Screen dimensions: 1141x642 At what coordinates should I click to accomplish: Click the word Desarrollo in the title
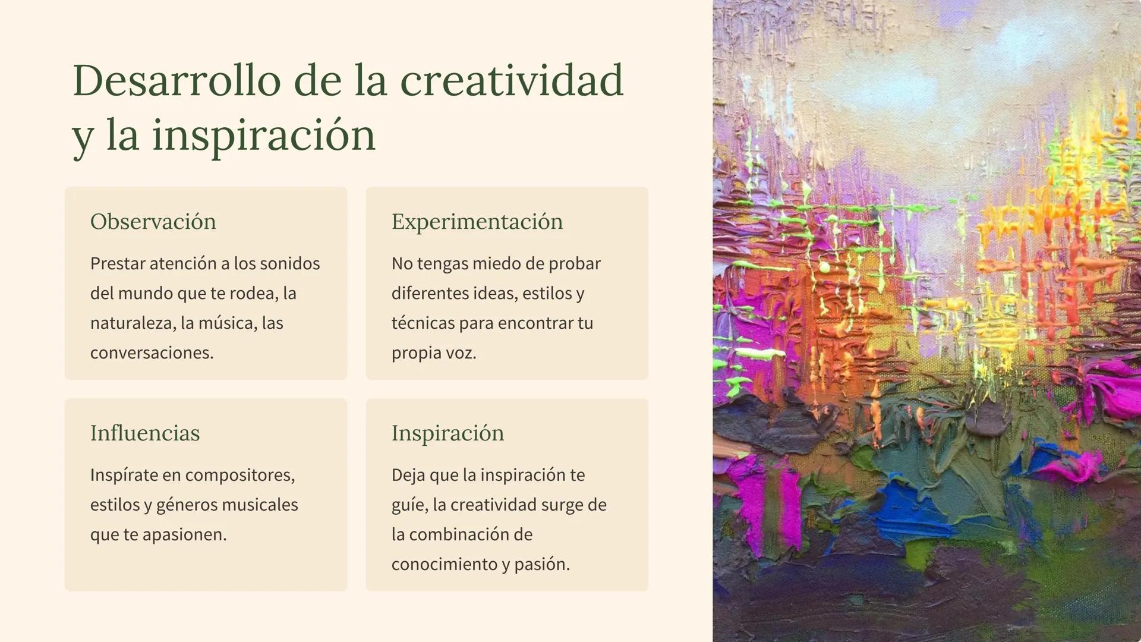(x=176, y=80)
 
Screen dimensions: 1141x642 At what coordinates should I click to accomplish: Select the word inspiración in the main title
(x=264, y=136)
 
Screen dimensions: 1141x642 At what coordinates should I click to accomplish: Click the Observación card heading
(x=153, y=222)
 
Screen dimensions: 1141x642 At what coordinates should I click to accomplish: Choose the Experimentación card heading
(x=477, y=222)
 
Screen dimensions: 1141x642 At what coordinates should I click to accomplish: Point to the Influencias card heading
(x=145, y=433)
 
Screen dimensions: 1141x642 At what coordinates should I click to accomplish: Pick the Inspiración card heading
(x=447, y=434)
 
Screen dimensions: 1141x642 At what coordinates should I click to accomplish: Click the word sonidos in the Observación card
(x=291, y=263)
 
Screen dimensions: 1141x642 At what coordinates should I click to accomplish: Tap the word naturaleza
(x=133, y=323)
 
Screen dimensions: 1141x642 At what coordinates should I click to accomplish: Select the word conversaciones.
(x=152, y=353)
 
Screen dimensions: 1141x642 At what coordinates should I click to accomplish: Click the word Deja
(x=408, y=476)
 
